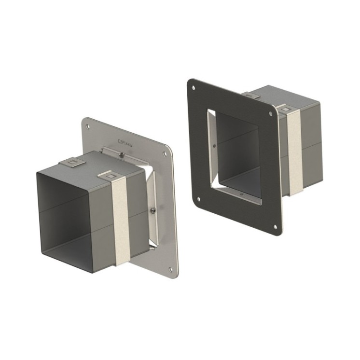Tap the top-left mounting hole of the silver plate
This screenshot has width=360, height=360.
pyautogui.click(x=88, y=127)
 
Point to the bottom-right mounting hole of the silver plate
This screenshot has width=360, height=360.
pyautogui.click(x=170, y=270)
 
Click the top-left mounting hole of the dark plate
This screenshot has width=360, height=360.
pyautogui.click(x=194, y=88)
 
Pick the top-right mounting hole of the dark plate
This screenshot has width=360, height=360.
pyautogui.click(x=270, y=114)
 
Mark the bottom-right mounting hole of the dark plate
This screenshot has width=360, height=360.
pyautogui.click(x=275, y=226)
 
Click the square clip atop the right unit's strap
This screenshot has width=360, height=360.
pyautogui.click(x=287, y=110)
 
